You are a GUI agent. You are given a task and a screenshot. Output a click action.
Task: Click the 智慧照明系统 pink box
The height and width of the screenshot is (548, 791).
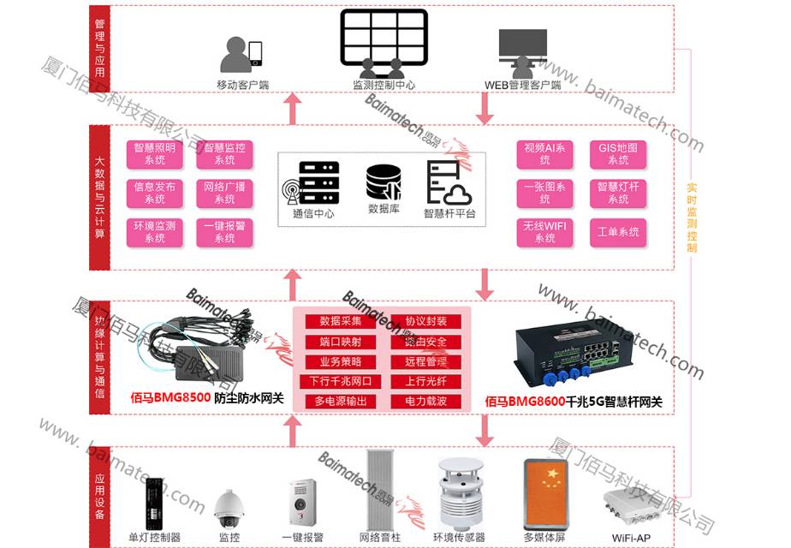155,154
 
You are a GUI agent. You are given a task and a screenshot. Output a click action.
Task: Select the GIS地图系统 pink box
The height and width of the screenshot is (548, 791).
618,154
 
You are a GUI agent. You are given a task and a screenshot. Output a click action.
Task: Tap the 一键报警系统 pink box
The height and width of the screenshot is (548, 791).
225,232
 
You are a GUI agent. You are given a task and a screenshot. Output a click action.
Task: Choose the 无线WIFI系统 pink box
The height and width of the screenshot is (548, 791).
545,232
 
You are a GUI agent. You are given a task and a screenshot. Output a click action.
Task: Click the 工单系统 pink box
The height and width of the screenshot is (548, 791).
618,232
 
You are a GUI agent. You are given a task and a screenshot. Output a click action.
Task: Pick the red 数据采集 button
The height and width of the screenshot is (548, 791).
341,321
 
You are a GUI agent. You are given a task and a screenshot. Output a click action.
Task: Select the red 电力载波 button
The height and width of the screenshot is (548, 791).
426,401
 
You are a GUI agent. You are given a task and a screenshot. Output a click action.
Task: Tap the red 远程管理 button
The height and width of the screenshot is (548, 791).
426,361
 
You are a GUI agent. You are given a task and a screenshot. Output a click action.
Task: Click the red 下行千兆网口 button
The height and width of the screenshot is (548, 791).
341,381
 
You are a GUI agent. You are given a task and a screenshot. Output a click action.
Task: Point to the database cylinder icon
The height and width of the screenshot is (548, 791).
384,182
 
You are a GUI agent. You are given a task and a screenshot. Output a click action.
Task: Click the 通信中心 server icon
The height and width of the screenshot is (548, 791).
313,182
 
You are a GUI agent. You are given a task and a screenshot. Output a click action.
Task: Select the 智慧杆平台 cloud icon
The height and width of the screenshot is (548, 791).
449,182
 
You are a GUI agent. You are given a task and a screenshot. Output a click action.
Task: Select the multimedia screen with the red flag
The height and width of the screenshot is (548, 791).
547,495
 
